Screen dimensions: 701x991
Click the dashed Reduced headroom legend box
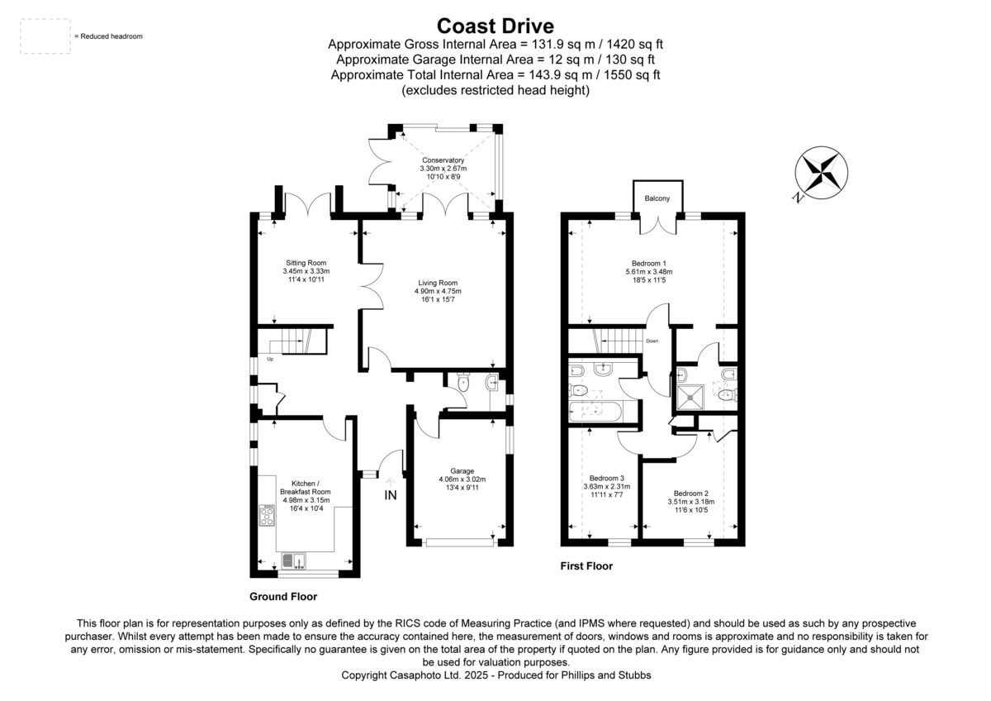[x=45, y=36]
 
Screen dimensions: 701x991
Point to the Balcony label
[x=657, y=198]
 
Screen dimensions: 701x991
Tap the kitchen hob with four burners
[x=268, y=517]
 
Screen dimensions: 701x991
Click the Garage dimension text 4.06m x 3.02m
[x=462, y=479]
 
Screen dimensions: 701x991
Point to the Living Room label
[x=437, y=282]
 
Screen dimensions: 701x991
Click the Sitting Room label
[x=306, y=263]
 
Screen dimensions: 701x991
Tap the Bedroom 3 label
[x=607, y=478]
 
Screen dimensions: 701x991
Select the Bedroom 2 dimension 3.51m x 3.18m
[x=690, y=501]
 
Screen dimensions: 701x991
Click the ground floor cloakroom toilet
[x=463, y=383]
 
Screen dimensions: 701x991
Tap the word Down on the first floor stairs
[x=653, y=341]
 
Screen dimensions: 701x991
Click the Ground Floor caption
[x=282, y=596]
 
